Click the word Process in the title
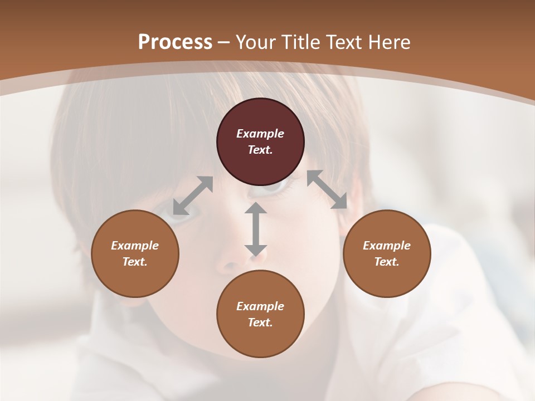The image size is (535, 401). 175,42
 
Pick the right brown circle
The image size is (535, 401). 387,276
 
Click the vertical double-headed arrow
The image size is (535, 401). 256,229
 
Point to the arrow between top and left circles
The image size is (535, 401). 193,195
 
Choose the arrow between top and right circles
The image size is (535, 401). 327,189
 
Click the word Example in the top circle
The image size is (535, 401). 260,134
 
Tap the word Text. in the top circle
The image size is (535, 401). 260,150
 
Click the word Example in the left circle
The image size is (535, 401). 135,246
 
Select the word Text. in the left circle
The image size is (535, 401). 135,262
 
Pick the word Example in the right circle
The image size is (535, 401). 387,246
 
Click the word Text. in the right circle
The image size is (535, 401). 387,262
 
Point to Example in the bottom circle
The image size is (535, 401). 260,306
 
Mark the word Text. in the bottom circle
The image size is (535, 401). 260,322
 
